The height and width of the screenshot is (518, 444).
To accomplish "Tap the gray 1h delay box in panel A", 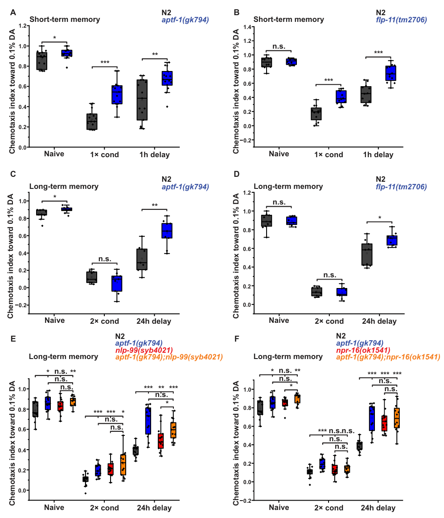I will (x=142, y=100).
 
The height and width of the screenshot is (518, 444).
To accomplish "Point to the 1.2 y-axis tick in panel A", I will (x=21, y=26).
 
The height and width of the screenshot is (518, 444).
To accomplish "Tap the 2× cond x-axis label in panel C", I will (x=104, y=321).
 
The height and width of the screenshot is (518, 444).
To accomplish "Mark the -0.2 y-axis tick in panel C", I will (x=20, y=305).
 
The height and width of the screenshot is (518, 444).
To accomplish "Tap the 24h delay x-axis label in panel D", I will (x=379, y=321).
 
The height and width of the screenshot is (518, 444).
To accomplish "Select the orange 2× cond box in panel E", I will (x=123, y=465).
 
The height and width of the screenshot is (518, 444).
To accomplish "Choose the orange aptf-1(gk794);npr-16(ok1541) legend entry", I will (x=388, y=357).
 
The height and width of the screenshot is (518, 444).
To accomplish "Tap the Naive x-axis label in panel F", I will (x=279, y=508).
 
